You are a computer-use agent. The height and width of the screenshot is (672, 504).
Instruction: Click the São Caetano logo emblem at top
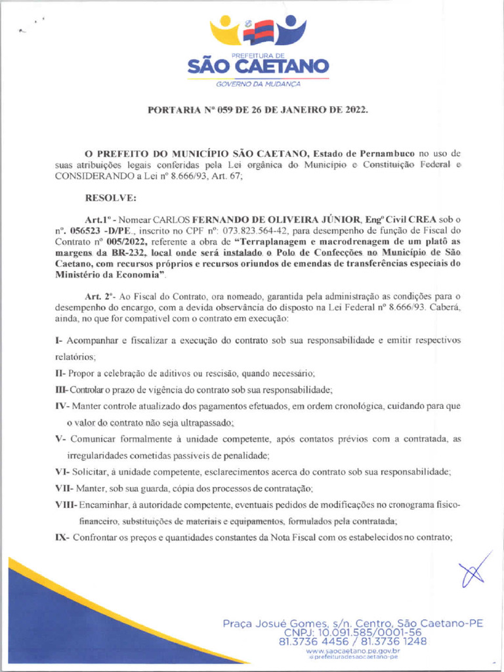click(x=258, y=31)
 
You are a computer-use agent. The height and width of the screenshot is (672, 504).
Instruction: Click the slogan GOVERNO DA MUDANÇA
click(x=258, y=85)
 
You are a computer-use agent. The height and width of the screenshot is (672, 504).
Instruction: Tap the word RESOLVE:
click(x=111, y=197)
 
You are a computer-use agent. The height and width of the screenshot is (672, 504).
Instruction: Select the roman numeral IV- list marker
click(x=61, y=406)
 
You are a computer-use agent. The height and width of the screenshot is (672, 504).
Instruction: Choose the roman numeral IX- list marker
click(x=61, y=537)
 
